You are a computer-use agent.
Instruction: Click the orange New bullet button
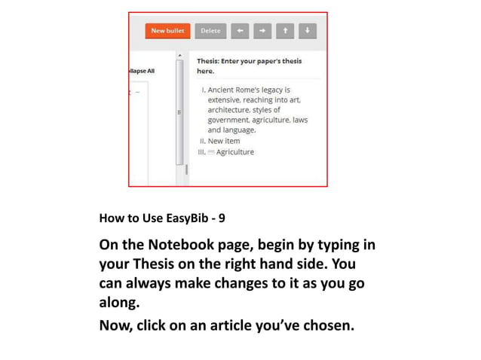tap(168, 31)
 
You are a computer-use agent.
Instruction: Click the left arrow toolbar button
tap(239, 31)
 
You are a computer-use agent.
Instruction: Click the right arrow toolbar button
tap(262, 31)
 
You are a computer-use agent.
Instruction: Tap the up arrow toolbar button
tap(284, 31)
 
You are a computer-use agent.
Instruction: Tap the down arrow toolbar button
tap(307, 31)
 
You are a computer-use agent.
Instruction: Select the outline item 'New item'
tap(224, 141)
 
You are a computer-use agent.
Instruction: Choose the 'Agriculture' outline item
tap(234, 151)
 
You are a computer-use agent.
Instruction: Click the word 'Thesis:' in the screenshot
tap(211, 61)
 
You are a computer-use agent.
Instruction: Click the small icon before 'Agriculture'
tap(211, 152)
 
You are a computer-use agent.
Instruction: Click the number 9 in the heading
tap(222, 218)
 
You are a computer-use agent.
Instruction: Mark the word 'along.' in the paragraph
tap(119, 304)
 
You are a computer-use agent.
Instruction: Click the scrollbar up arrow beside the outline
tap(179, 56)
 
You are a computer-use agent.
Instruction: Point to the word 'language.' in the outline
tap(239, 130)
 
